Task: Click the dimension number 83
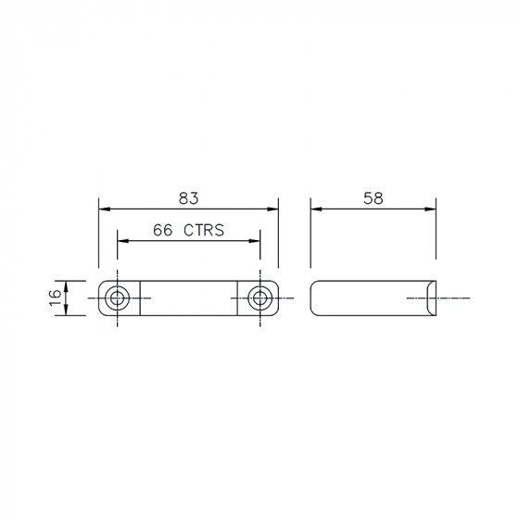coord(189,198)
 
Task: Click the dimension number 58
coord(373,198)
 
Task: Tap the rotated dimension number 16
coord(56,297)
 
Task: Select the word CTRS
coord(204,230)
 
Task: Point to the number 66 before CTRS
coord(162,230)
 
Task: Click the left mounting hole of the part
coord(117,298)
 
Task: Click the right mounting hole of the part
coord(259,298)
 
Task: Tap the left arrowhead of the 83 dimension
coord(104,209)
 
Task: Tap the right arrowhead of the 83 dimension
coord(272,209)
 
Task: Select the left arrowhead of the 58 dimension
coord(316,209)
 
